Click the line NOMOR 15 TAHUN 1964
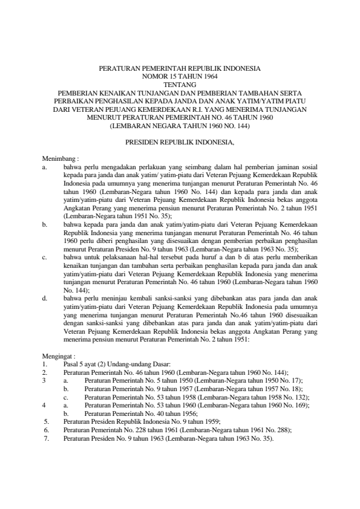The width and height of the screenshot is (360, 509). coord(179,77)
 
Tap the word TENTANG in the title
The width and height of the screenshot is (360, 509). coord(179,85)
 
